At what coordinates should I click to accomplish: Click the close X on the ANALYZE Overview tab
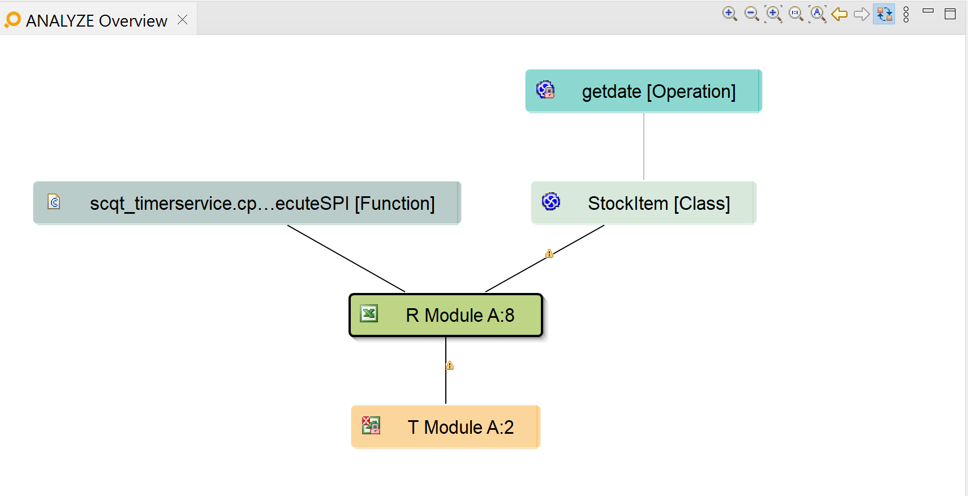[182, 20]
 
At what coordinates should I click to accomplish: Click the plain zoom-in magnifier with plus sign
[729, 14]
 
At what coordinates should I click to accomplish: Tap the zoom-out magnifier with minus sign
[751, 14]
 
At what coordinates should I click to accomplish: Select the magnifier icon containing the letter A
[818, 14]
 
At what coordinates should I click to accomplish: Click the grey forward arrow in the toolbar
[862, 14]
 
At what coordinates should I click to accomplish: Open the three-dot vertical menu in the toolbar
[906, 14]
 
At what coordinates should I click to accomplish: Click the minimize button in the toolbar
[928, 11]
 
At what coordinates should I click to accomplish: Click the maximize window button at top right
[950, 14]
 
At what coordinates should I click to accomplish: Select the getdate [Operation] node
[643, 91]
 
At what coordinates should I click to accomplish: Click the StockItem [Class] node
[643, 203]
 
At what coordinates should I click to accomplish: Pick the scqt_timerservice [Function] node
[247, 203]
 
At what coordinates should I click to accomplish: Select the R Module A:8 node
[446, 315]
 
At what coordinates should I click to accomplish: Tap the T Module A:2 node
[446, 427]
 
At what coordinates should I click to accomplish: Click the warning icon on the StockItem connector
[549, 253]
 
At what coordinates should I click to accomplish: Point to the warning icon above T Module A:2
[450, 365]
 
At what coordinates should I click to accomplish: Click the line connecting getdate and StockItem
[643, 147]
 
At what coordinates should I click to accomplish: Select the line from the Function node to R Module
[346, 258]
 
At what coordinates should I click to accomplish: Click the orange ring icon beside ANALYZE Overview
[12, 20]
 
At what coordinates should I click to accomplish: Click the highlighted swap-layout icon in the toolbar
[884, 14]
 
